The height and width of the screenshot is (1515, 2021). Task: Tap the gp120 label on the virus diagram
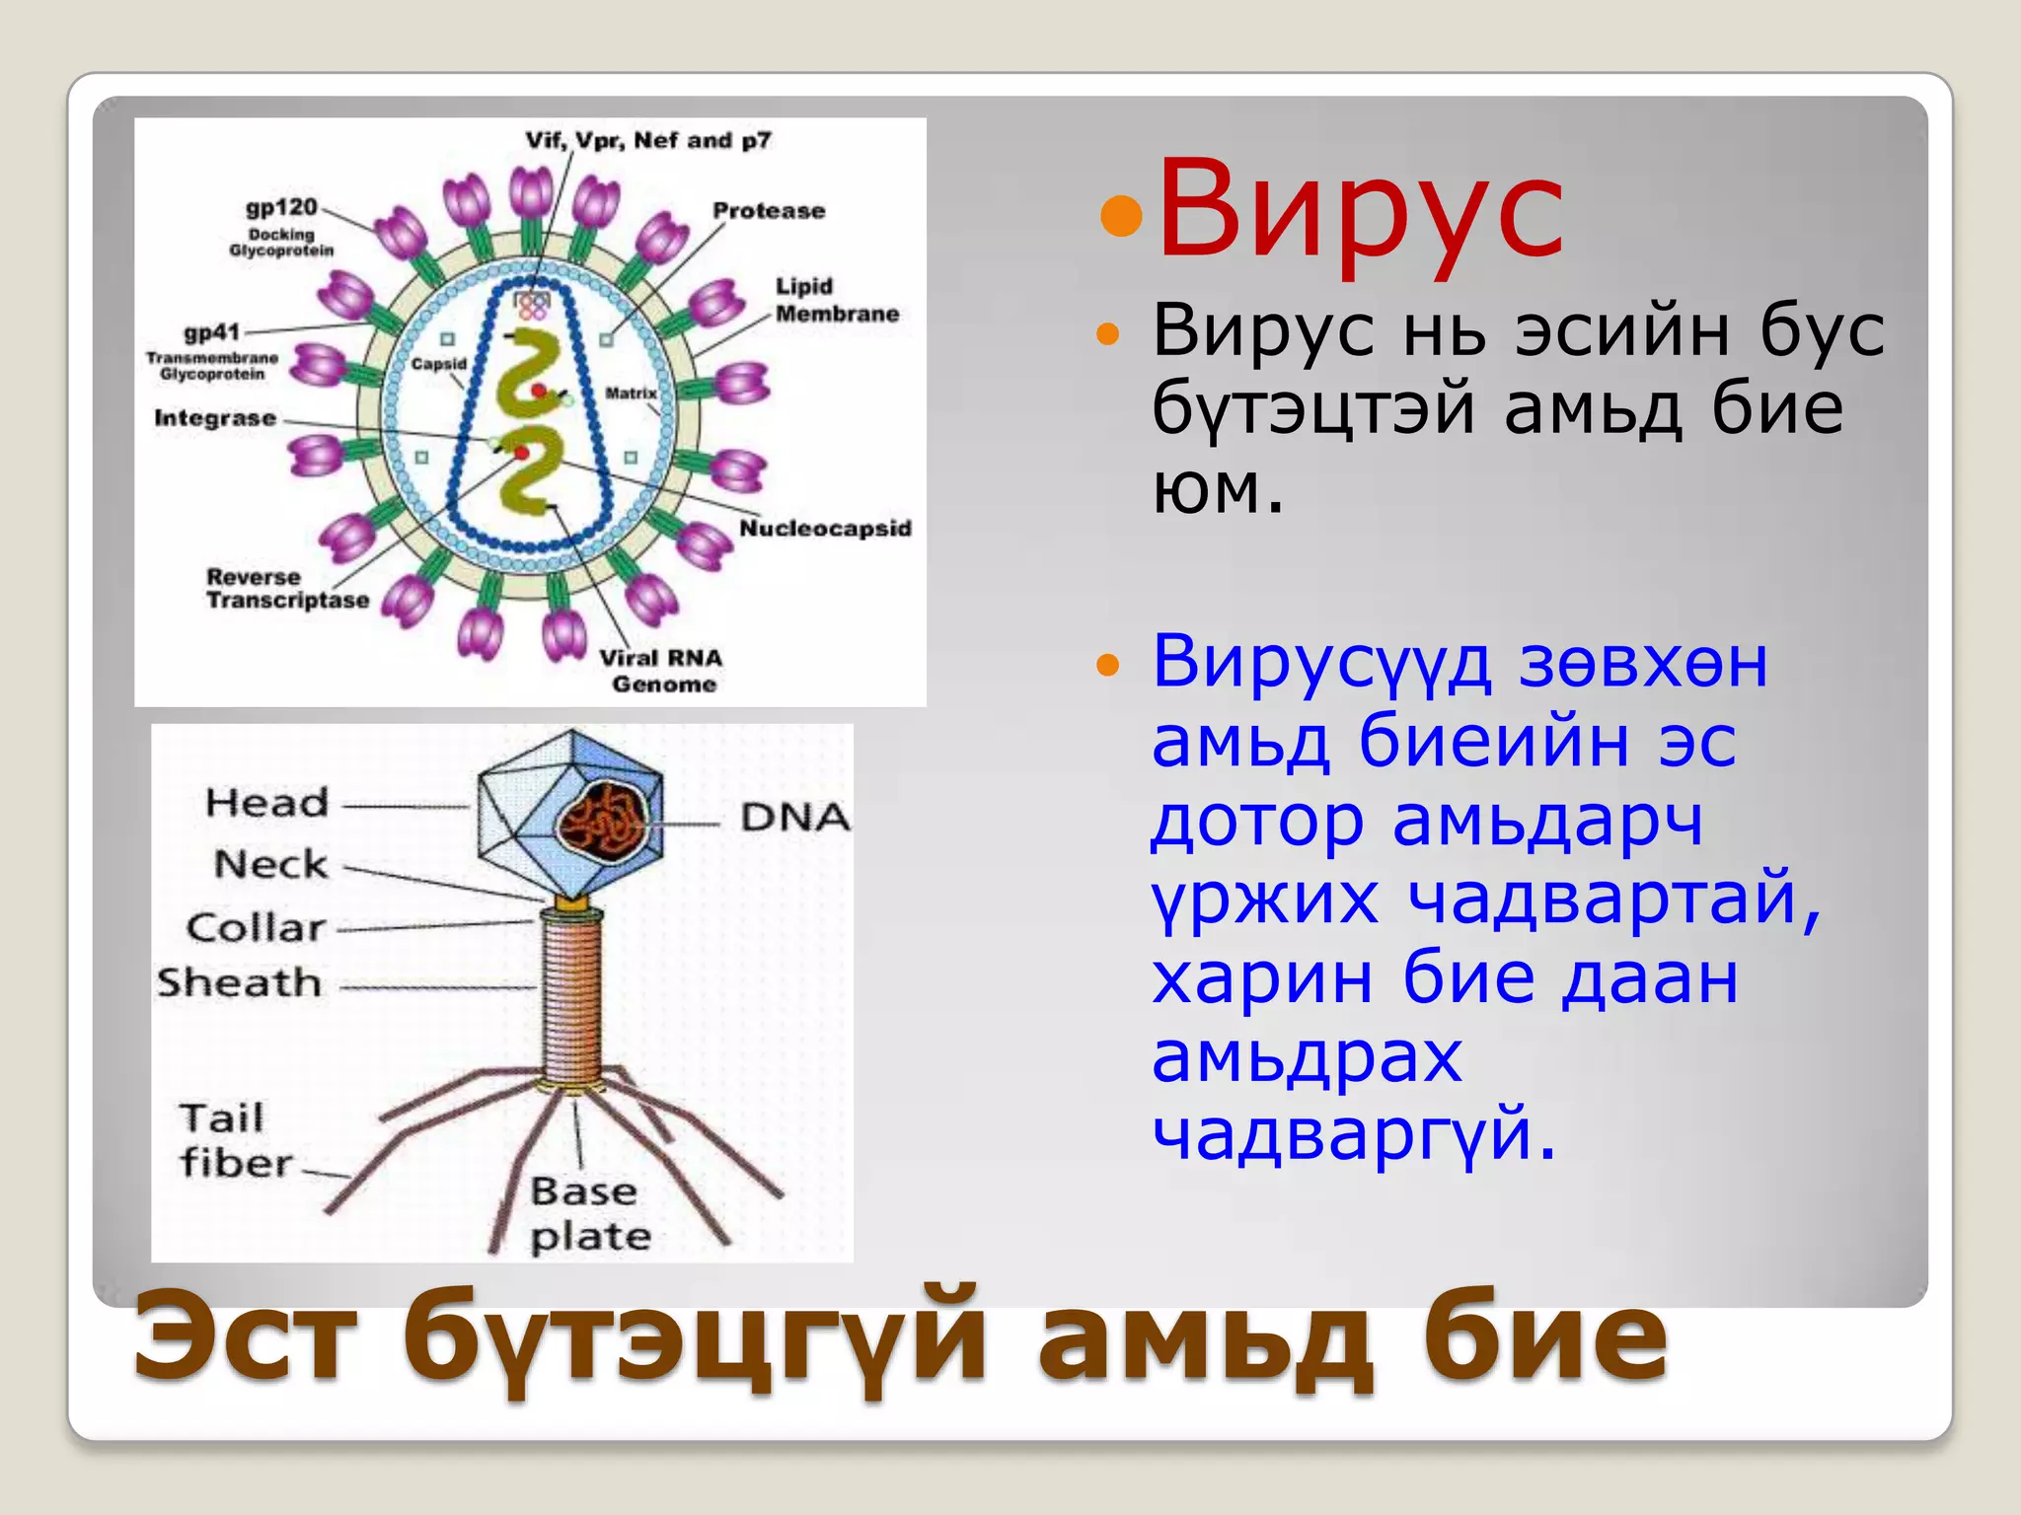click(x=281, y=207)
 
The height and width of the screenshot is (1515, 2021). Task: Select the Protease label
click(x=769, y=210)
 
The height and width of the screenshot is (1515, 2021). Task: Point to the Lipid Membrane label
click(x=836, y=300)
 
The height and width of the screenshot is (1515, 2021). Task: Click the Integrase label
click(x=215, y=418)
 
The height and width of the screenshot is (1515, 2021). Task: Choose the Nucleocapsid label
click(x=825, y=529)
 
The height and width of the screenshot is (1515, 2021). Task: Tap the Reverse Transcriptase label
click(x=286, y=589)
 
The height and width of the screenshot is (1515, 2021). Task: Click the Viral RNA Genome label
click(x=662, y=671)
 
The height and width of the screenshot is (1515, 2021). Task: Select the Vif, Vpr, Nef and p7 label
click(x=647, y=140)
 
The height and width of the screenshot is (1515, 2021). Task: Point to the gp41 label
click(x=211, y=333)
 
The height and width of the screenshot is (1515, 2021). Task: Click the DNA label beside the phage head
click(x=794, y=817)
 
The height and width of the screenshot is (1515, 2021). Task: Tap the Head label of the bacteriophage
click(x=266, y=803)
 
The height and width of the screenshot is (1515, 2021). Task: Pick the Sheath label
click(x=240, y=982)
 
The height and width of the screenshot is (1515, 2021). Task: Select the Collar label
click(x=256, y=927)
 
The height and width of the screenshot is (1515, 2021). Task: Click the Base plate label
click(x=590, y=1213)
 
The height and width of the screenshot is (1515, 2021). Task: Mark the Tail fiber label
click(x=235, y=1140)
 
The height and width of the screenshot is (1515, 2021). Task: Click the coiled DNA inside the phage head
click(x=601, y=819)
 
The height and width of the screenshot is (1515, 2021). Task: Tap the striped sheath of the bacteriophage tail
click(x=571, y=996)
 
